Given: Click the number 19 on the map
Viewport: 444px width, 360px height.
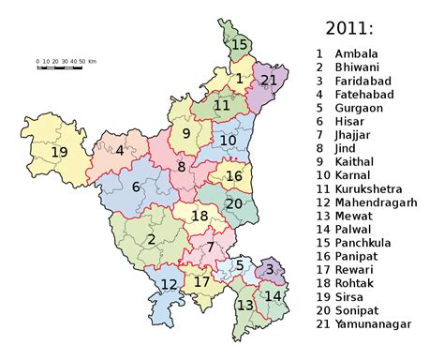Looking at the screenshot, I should (60, 152).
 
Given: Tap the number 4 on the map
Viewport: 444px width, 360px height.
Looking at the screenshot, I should (120, 149).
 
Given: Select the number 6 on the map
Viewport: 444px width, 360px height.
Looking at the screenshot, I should (136, 187).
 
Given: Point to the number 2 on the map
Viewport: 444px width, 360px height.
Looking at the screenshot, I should (151, 239).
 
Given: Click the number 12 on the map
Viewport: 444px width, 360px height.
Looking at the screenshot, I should (168, 285).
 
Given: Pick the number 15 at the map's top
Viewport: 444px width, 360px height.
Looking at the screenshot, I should (240, 44).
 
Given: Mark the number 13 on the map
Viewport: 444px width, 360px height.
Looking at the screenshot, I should (245, 306).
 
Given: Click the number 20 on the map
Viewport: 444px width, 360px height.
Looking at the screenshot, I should (234, 203).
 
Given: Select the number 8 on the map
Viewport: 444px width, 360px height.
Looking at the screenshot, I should (182, 168).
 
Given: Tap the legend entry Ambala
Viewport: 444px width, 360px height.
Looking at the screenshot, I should (355, 52).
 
